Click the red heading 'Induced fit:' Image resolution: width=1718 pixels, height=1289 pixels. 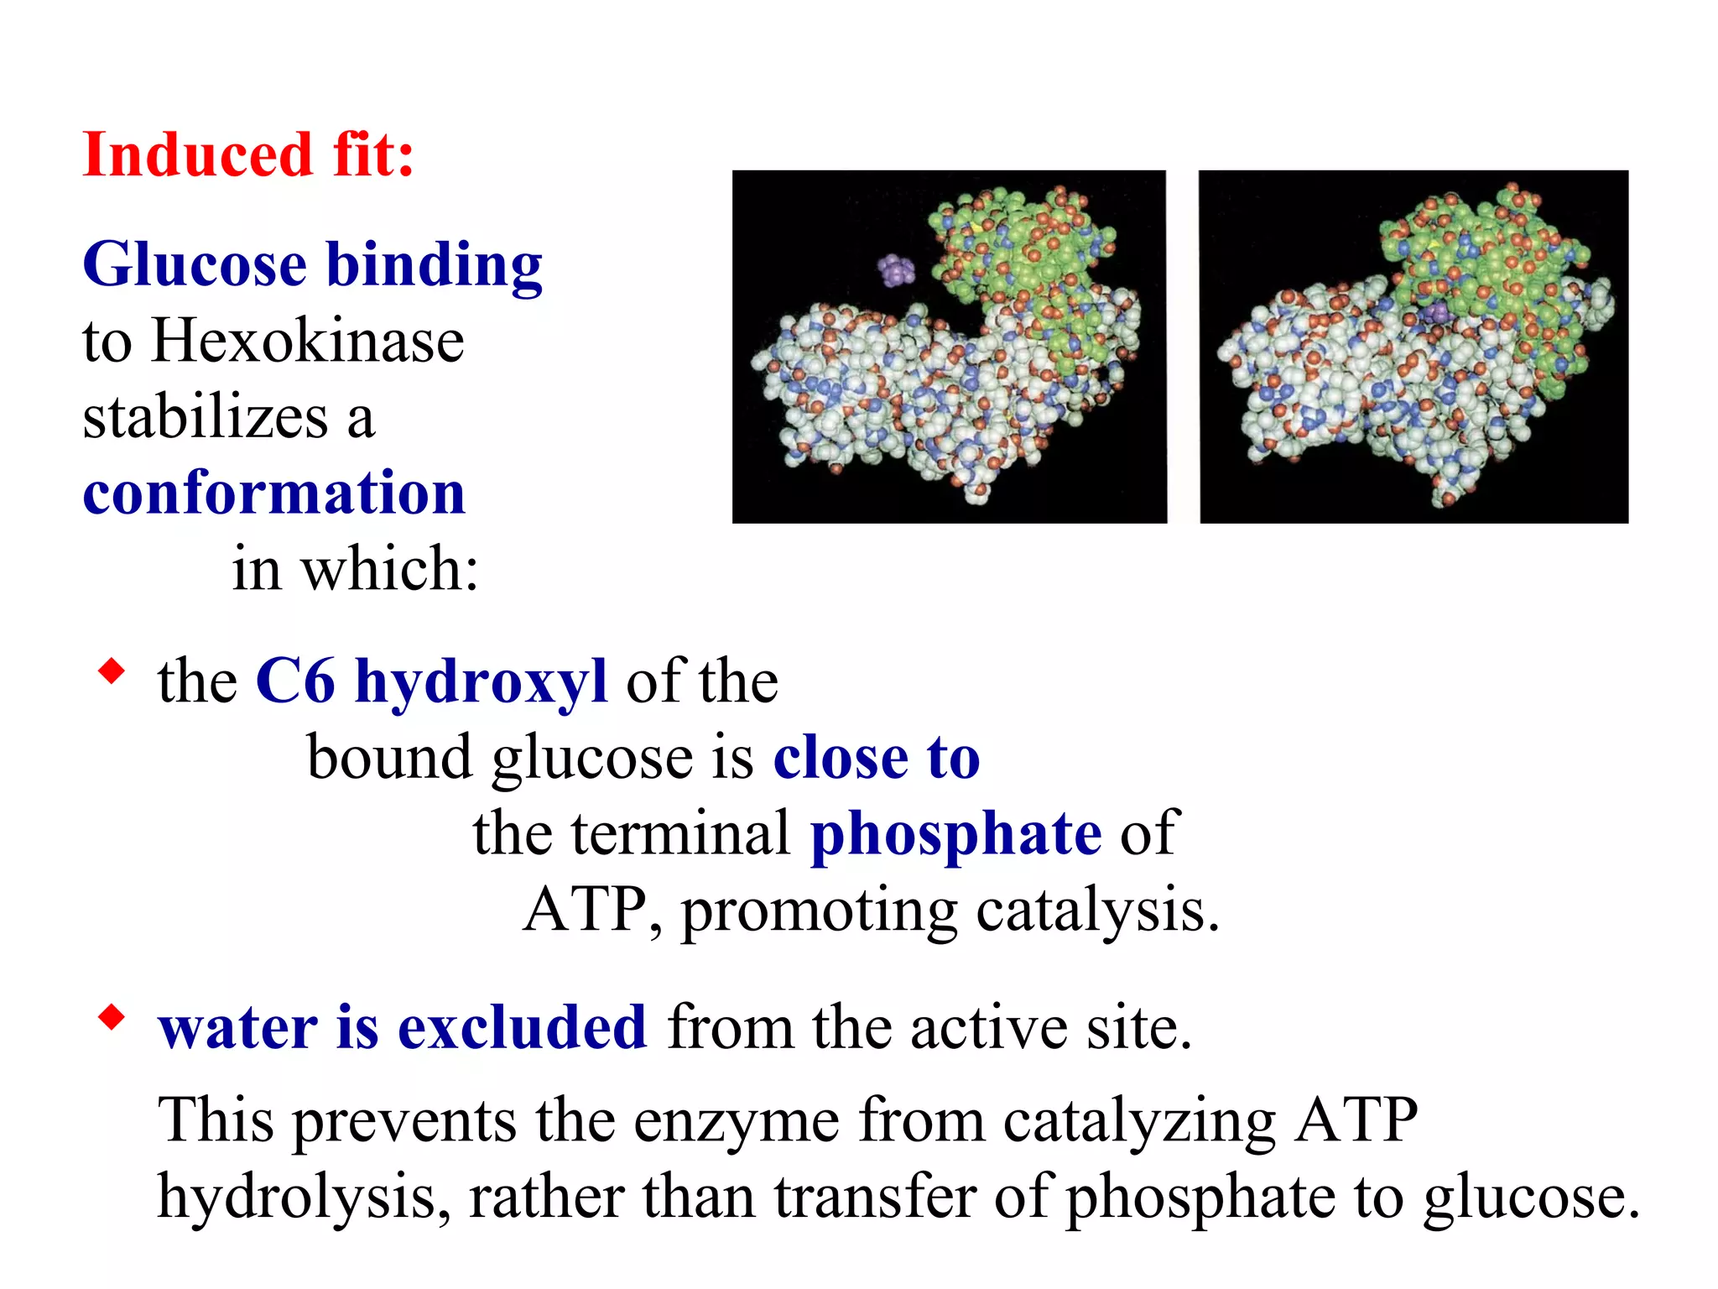click(248, 155)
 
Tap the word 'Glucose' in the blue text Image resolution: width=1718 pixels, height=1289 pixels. click(195, 265)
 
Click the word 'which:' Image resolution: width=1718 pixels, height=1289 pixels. click(390, 569)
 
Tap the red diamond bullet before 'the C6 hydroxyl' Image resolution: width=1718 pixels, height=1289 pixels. click(111, 671)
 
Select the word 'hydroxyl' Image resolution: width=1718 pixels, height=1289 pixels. click(481, 681)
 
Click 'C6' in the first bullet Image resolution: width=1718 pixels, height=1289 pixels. click(295, 681)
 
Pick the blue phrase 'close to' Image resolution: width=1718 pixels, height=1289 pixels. click(876, 758)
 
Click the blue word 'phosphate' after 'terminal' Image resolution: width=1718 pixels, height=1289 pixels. click(955, 834)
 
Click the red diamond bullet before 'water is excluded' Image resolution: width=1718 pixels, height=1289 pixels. click(111, 1018)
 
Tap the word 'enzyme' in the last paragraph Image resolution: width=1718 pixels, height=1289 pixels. click(736, 1120)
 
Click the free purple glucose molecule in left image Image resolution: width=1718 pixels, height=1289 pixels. click(896, 270)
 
